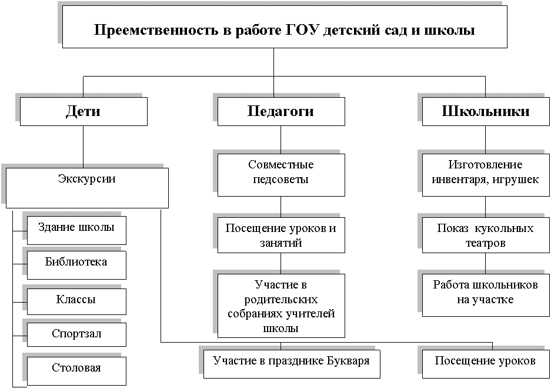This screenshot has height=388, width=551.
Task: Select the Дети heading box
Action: coord(84,111)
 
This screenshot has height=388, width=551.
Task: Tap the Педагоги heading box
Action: coord(281,111)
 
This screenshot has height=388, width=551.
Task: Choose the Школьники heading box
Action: coord(486,111)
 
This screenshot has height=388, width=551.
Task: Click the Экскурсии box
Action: coord(87,188)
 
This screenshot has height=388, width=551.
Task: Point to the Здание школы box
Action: coord(76,230)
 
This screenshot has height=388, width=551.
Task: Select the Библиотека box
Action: coord(76,265)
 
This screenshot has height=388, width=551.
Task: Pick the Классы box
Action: coord(76,301)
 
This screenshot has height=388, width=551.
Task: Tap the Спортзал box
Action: coord(76,334)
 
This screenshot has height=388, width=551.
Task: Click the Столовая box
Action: coord(76,371)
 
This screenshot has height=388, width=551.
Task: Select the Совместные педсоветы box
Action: coord(281,175)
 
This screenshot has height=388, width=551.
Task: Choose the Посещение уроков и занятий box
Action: coord(281,235)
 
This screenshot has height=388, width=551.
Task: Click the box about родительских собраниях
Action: coord(281,306)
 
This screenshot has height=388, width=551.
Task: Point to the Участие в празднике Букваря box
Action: coord(292,364)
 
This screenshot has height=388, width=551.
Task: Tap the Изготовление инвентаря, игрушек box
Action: coord(486,175)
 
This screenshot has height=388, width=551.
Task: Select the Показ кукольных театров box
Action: coord(486,235)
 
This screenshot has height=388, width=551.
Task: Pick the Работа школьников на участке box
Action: coord(486,295)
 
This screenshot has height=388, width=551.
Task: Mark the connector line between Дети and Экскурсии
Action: coord(84,147)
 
